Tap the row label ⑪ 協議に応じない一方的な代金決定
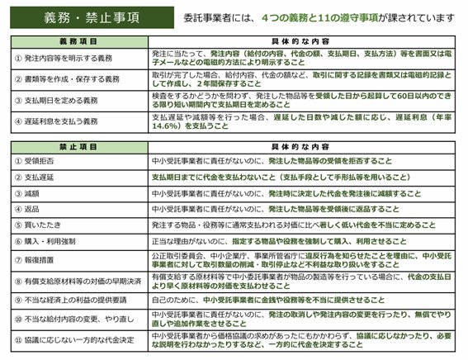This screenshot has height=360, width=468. click(x=71, y=341)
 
